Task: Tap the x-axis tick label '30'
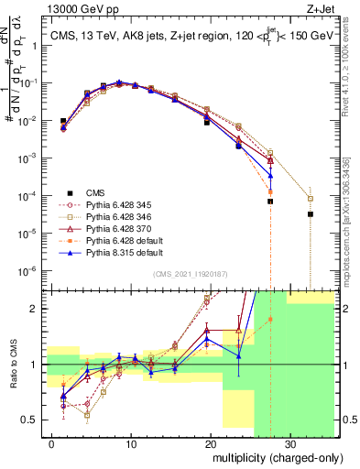(289, 442)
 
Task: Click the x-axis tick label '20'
(210, 442)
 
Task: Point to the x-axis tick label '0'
(52, 442)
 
